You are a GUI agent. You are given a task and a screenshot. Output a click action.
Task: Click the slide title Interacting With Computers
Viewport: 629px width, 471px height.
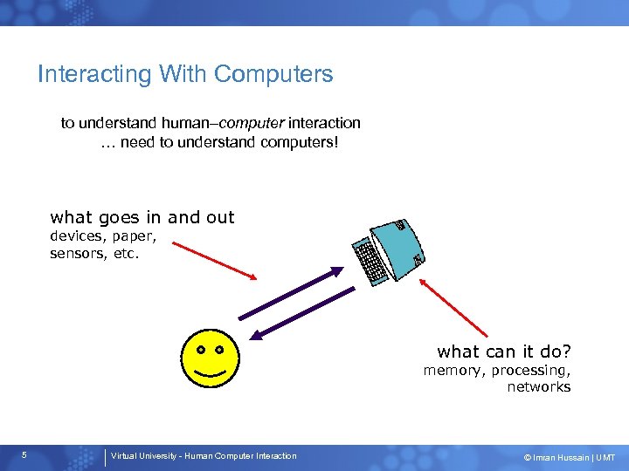185,74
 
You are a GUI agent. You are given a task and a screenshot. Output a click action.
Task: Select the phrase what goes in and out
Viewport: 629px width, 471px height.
142,217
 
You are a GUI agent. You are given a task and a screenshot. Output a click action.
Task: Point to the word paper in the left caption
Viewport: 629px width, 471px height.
134,236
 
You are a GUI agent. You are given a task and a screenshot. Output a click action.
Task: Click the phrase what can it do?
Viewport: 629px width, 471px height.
504,352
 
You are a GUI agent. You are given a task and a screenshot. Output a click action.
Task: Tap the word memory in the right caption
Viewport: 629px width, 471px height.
453,370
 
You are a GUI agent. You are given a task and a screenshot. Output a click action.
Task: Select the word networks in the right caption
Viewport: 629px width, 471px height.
538,386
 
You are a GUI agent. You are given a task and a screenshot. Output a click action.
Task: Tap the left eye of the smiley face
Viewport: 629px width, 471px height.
200,350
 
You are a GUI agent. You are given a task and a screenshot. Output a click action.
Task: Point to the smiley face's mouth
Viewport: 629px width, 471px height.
210,375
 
